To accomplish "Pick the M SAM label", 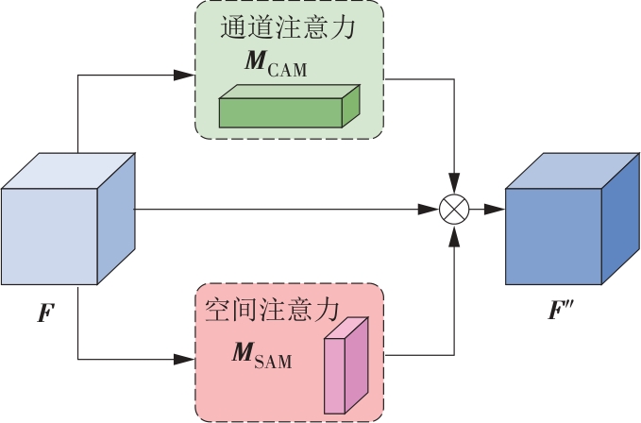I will [261, 358].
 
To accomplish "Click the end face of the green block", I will [352, 105].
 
